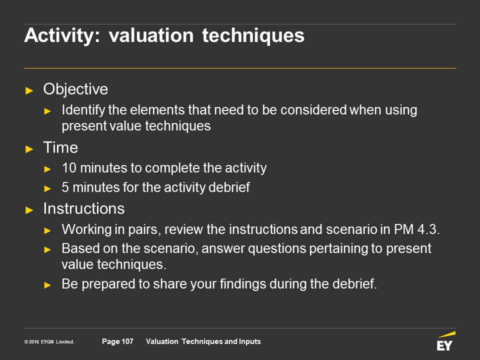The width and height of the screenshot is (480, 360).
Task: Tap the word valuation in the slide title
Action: [151, 35]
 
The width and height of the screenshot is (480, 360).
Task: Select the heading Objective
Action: [75, 89]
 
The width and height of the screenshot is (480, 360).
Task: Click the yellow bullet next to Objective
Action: [29, 90]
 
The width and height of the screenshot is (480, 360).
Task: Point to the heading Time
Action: [60, 147]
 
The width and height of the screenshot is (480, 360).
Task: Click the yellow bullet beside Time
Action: [29, 149]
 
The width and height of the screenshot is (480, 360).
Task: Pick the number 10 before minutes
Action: [69, 168]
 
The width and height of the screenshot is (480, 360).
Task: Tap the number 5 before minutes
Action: [65, 187]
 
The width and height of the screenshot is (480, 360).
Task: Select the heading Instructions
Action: [84, 208]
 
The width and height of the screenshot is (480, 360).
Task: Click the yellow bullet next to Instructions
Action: [29, 210]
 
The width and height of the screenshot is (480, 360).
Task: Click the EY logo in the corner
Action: [446, 341]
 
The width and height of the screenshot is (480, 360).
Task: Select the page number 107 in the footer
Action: [127, 341]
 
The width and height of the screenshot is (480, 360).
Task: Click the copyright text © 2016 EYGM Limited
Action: [49, 342]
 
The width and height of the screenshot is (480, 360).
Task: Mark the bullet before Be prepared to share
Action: [47, 285]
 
